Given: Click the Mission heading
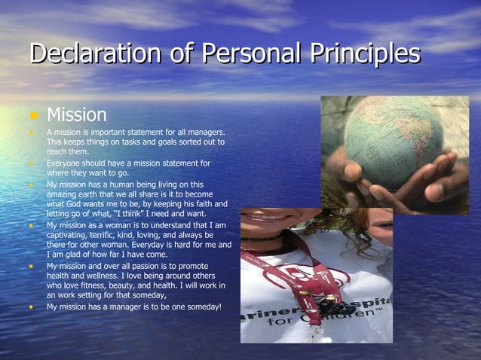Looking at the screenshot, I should point(76,115).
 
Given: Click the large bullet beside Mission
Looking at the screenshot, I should point(33,116).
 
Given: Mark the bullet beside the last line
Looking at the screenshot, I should point(32,307).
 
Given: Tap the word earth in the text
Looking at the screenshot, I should point(86,194).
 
